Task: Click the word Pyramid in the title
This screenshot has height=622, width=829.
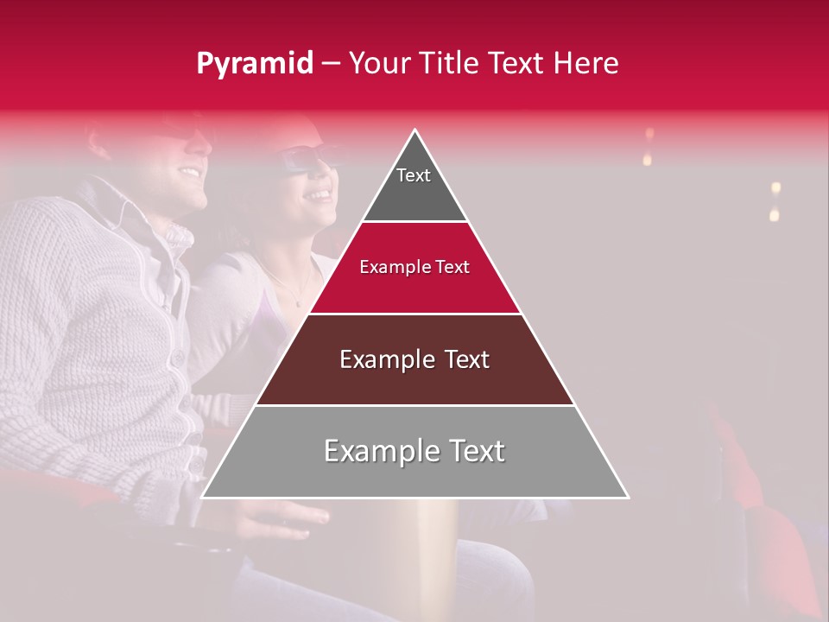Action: [x=254, y=64]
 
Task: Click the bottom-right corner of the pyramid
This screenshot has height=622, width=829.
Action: [x=627, y=497]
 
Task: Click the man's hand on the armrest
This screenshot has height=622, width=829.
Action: [x=285, y=518]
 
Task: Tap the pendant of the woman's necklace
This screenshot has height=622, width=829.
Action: [x=299, y=303]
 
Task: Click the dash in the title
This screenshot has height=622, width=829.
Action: [x=330, y=64]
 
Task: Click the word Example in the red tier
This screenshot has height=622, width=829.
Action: [x=389, y=268]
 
